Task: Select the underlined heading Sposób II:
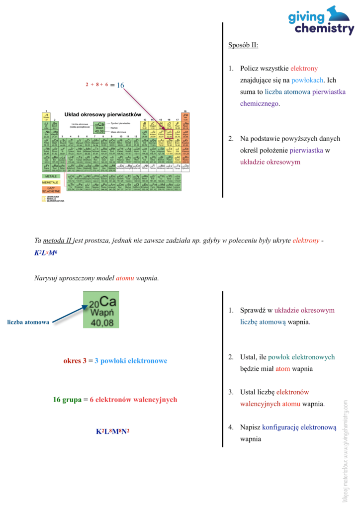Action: pyautogui.click(x=243, y=45)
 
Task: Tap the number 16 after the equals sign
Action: pyautogui.click(x=120, y=85)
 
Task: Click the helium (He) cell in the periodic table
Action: pyautogui.click(x=185, y=117)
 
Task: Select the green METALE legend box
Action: pyautogui.click(x=50, y=176)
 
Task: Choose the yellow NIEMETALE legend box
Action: pyautogui.click(x=50, y=182)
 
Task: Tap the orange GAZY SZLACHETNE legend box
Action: pyautogui.click(x=50, y=189)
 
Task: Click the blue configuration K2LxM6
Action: pyautogui.click(x=46, y=253)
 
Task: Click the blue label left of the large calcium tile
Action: pyautogui.click(x=28, y=322)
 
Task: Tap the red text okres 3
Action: pyautogui.click(x=75, y=361)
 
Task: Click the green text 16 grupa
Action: pyautogui.click(x=67, y=399)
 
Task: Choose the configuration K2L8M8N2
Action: pyautogui.click(x=112, y=432)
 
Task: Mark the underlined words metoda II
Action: pyautogui.click(x=57, y=241)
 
